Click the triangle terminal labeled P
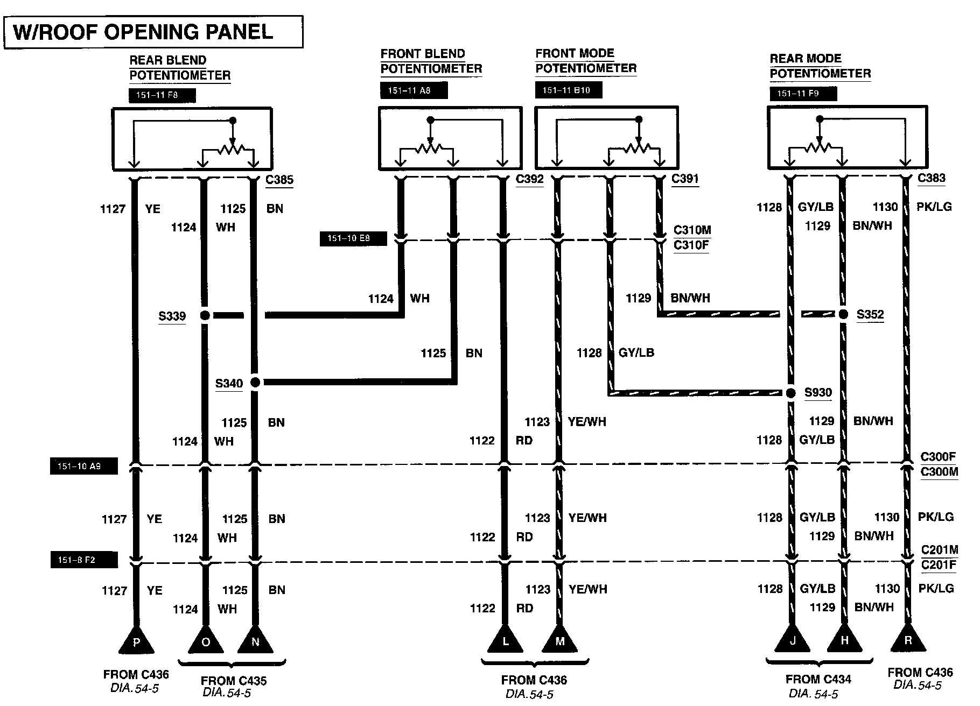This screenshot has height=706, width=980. coord(136,640)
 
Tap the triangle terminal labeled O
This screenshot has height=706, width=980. coord(205,640)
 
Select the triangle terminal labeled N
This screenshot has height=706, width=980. coord(255,640)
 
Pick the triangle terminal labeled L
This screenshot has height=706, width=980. coord(505,640)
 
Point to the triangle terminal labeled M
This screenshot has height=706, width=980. coord(559,640)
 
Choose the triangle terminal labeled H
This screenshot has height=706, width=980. coord(844,639)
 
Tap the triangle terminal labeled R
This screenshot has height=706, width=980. coord(908,639)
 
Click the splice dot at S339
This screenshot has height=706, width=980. coord(205,315)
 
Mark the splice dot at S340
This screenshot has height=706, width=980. coord(255,383)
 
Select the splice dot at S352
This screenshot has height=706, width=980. coord(843,314)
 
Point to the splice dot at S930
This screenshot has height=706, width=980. coord(790,393)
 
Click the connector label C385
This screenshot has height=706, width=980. coord(279,180)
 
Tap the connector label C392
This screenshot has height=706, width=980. coord(529,179)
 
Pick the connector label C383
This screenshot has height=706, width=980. coord(931,178)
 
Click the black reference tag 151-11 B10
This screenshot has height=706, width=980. coord(568,90)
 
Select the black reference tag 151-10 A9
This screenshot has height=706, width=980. coord(83,466)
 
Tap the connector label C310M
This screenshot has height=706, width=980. coord(692,230)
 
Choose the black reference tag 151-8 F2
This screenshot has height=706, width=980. coord(83,560)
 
